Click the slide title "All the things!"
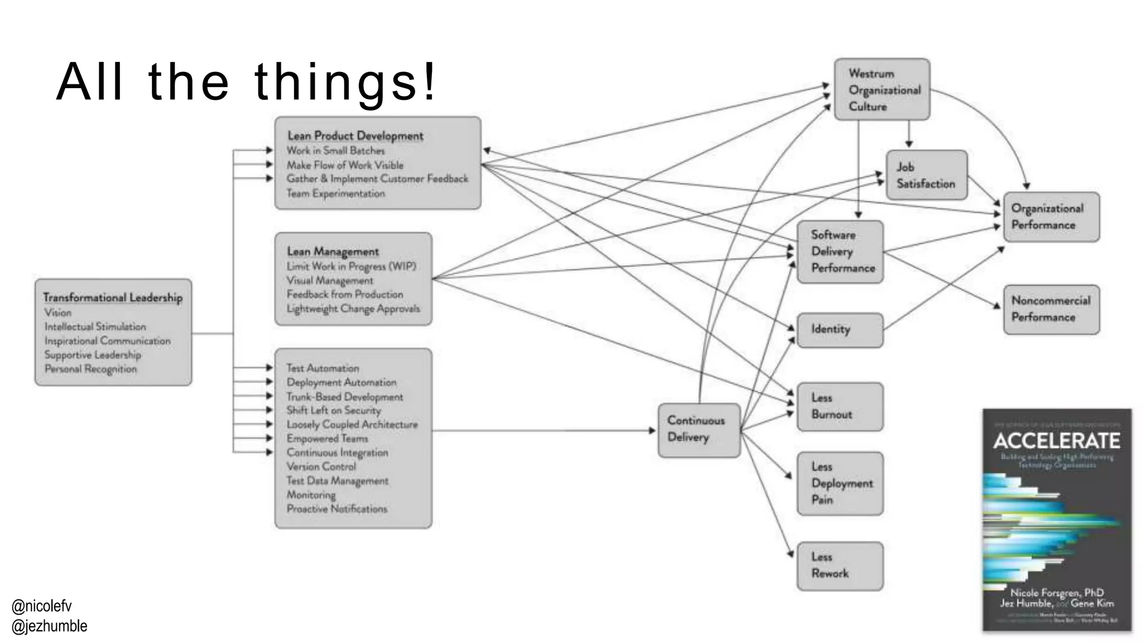[x=246, y=83]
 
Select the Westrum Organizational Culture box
[x=882, y=89]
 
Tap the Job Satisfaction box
[x=926, y=175]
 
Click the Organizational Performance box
[x=1051, y=217]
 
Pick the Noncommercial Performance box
[x=1051, y=309]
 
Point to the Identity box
[x=839, y=330]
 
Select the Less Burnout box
[x=839, y=406]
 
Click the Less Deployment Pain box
[x=839, y=483]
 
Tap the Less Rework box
[x=839, y=565]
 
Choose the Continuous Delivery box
[x=699, y=429]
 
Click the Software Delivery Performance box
[x=839, y=251]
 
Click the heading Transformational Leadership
[x=113, y=297]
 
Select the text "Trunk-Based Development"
[x=344, y=397]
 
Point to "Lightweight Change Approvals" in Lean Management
[x=353, y=309]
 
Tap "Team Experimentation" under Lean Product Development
[x=335, y=194]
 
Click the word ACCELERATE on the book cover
[x=1056, y=441]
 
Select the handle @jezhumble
[x=49, y=626]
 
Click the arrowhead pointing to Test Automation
[x=270, y=368]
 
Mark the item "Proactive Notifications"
[x=337, y=509]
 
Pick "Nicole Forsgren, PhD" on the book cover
[x=1056, y=593]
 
